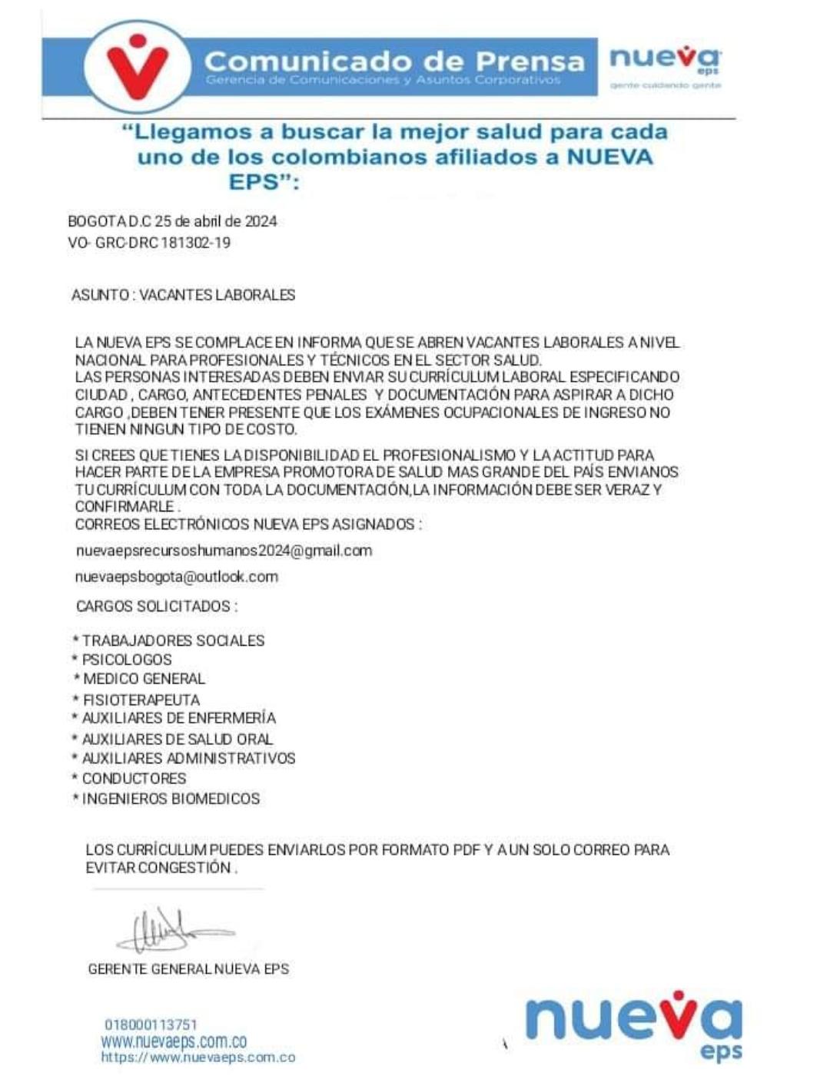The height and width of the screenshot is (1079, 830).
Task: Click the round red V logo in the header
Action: click(x=138, y=64)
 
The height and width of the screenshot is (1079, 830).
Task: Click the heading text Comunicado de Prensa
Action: click(x=394, y=61)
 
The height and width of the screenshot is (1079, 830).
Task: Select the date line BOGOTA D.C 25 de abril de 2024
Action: click(x=172, y=222)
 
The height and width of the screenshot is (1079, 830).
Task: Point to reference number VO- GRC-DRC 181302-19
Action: click(x=149, y=243)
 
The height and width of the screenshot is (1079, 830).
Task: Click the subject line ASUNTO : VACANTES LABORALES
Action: click(x=183, y=295)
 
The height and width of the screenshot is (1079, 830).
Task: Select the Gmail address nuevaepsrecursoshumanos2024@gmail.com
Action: click(x=224, y=551)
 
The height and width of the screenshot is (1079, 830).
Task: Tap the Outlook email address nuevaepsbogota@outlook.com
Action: click(x=177, y=577)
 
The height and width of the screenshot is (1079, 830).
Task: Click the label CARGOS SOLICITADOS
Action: click(x=156, y=607)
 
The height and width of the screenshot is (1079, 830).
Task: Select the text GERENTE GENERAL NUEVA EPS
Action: click(x=188, y=969)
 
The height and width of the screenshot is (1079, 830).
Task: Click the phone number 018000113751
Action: click(x=151, y=1024)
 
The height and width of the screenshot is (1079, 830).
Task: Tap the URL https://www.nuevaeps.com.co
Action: click(x=198, y=1058)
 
